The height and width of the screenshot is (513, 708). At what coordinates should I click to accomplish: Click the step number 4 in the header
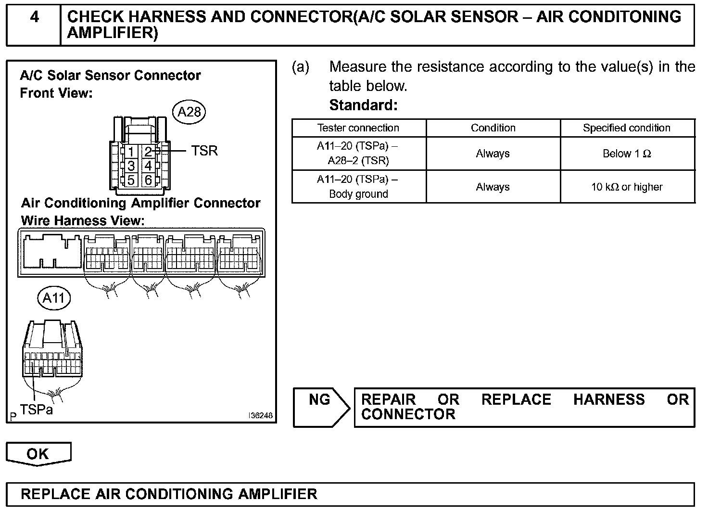pos(35,18)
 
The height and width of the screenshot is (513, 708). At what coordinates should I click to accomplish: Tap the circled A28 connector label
pos(189,112)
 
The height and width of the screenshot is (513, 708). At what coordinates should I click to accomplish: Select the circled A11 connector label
pos(54,298)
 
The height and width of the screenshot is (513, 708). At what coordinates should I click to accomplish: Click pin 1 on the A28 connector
pos(131,152)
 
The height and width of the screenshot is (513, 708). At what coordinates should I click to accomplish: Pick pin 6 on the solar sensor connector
pos(148,180)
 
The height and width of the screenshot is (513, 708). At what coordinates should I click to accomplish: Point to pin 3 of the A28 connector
pos(131,167)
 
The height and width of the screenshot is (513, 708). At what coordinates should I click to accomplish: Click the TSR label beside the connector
pos(204,151)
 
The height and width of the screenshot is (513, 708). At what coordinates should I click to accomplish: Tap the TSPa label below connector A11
pos(37,410)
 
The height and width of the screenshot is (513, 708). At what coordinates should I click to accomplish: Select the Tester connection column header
pos(358,128)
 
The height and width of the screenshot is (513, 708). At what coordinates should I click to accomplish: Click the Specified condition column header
pos(627,128)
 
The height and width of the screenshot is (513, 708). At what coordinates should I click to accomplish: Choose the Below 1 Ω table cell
pos(627,154)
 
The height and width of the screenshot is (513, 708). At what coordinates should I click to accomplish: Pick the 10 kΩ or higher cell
pos(627,187)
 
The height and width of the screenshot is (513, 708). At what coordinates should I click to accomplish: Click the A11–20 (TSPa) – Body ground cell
pos(358,187)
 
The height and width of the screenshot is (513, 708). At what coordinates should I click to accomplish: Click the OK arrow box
pos(38,454)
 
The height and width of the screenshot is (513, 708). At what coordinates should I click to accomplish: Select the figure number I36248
pos(260,415)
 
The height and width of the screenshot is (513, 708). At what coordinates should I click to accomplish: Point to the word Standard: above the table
pos(364,105)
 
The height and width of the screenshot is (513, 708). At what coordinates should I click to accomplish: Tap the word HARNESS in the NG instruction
pos(609,399)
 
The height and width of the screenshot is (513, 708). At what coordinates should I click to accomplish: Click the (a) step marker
pos(301,67)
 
